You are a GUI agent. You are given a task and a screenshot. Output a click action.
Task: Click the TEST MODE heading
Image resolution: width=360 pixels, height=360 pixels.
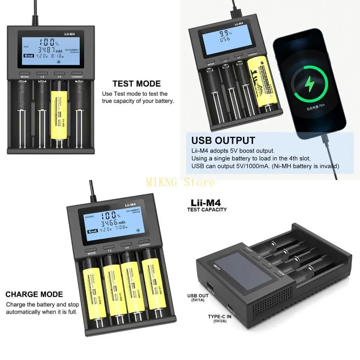pos(136,84)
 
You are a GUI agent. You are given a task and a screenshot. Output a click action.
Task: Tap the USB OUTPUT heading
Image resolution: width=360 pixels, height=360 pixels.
pos(223,141)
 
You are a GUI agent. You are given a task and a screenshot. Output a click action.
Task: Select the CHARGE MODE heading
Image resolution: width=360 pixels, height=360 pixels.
pos(34,295)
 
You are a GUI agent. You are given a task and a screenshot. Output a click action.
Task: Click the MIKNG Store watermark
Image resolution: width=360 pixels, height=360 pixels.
pos(180,182)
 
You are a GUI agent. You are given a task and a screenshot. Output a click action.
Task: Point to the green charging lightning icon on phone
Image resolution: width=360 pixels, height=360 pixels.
pos(310,84)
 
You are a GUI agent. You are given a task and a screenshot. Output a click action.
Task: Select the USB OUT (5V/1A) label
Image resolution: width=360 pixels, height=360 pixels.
pos(198,298)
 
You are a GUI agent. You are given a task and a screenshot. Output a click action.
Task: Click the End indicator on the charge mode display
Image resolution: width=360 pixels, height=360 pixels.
pos(93,231)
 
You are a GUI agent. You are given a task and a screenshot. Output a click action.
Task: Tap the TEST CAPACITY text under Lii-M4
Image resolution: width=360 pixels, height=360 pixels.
pos(207,210)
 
